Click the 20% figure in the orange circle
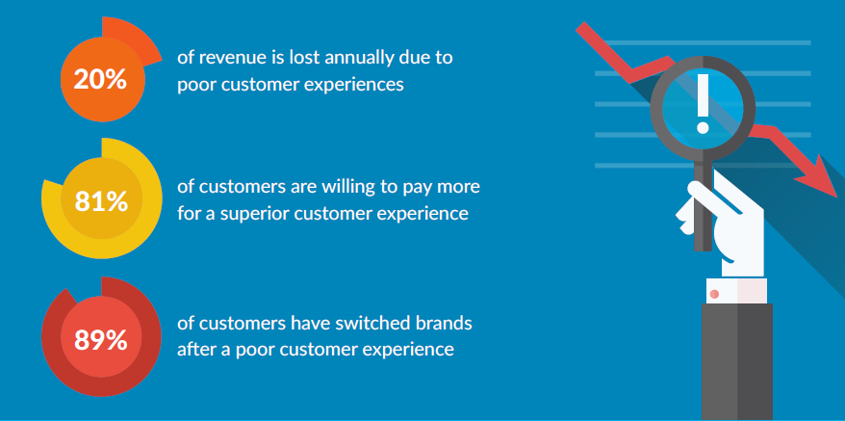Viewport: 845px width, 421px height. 100,80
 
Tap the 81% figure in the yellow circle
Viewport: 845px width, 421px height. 101,201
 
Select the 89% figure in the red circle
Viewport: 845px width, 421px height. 101,340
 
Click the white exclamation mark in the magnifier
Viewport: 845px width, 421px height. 703,103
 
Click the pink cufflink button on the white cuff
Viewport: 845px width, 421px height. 714,294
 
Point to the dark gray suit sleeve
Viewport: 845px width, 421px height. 736,361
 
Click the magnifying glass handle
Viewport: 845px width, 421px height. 703,205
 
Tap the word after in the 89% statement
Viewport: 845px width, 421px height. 194,350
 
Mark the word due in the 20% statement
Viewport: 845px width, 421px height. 413,58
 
